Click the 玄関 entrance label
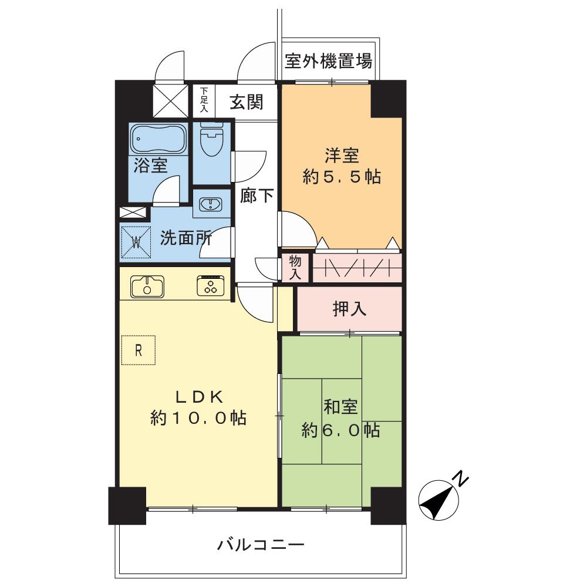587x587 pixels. point(245,102)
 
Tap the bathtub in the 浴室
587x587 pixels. point(158,140)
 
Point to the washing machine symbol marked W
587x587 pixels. point(136,241)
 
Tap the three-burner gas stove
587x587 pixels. point(211,286)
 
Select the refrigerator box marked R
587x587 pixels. point(139,350)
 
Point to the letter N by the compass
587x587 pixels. point(463,478)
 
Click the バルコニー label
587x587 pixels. point(261,545)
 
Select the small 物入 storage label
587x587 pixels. point(295,268)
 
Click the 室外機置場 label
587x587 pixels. point(328,60)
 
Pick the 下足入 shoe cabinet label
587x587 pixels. point(204,100)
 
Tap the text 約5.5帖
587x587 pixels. point(341,177)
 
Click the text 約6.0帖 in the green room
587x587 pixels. point(340,430)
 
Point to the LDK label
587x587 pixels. point(198,397)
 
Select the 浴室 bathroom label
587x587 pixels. point(150,166)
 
